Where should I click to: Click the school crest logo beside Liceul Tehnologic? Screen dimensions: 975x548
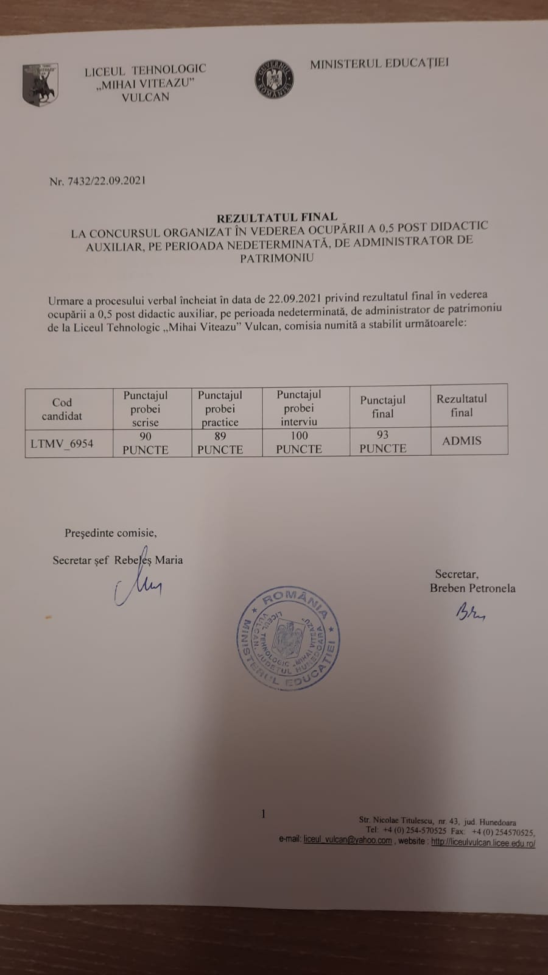[x=40, y=83]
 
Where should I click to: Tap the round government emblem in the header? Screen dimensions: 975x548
[x=274, y=79]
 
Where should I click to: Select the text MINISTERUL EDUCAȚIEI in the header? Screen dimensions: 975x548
[x=379, y=63]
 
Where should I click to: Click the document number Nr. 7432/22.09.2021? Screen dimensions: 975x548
[x=97, y=181]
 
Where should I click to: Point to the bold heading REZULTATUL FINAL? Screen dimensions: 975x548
[x=277, y=217]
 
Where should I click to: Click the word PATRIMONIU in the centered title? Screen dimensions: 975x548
[x=276, y=258]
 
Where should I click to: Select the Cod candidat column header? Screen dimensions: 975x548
[x=62, y=409]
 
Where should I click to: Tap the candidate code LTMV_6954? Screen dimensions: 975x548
[x=62, y=444]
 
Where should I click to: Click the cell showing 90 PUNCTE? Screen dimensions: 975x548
[x=145, y=443]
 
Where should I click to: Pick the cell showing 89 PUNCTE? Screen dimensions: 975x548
[x=220, y=443]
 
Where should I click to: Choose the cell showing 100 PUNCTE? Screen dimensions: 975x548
[x=299, y=442]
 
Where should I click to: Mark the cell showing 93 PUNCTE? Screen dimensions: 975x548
[x=382, y=442]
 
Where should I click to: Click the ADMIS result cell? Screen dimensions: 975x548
[x=462, y=441]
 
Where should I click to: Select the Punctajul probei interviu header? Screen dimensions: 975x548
[x=299, y=408]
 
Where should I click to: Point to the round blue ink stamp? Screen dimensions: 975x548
[x=288, y=639]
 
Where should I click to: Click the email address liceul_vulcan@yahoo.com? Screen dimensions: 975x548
[x=348, y=840]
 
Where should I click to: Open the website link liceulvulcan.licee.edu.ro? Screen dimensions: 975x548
[x=483, y=843]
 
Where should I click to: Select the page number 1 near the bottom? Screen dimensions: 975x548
[x=263, y=814]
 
